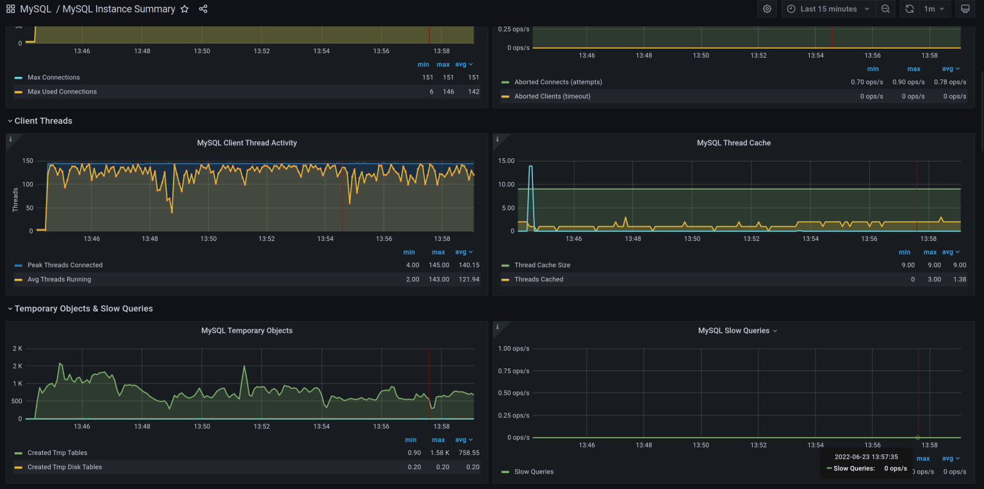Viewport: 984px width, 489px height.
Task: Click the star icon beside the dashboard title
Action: coord(184,9)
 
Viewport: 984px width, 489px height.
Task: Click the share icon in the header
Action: coord(203,9)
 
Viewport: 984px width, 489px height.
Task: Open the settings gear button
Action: coord(767,9)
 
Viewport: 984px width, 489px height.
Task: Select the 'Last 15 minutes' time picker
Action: coord(828,9)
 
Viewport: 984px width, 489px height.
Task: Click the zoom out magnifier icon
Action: coord(885,9)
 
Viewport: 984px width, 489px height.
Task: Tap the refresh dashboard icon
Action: coord(909,9)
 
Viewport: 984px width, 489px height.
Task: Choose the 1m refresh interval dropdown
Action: coord(933,9)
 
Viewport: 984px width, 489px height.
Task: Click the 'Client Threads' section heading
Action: coord(43,120)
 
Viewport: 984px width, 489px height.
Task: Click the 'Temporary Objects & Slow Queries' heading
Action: coord(83,308)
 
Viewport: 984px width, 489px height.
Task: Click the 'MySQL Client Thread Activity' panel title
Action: coord(247,143)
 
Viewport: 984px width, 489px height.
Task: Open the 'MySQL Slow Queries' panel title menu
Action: coord(737,331)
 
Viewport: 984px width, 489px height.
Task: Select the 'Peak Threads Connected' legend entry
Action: coord(65,265)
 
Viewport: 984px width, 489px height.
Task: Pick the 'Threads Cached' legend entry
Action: coord(539,279)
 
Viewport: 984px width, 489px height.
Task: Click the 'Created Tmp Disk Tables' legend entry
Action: coord(65,467)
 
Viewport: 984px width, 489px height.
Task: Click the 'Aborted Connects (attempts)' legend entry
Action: coord(558,82)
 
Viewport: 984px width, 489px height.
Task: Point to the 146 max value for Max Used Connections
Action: coord(448,92)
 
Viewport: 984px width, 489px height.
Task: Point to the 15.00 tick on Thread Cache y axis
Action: coord(506,161)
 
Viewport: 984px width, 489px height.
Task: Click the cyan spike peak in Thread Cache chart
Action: coord(530,167)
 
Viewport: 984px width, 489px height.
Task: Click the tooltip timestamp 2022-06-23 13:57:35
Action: coord(865,457)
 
